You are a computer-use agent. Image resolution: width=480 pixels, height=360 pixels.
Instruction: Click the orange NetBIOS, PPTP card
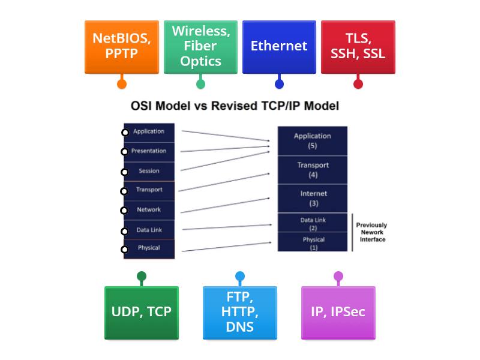[x=122, y=46]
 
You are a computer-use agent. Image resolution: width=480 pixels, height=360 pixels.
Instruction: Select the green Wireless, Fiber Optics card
[x=200, y=46]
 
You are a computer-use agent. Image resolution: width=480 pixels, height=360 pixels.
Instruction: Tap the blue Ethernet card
[x=279, y=46]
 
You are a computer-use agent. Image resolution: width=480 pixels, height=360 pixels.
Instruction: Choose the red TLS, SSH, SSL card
[x=358, y=46]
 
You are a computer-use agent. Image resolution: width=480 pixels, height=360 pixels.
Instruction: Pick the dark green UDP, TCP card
[x=142, y=312]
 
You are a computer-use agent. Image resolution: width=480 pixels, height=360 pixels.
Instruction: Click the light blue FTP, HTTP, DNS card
[x=240, y=312]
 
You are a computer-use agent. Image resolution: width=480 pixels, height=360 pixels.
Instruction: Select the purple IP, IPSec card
[x=338, y=312]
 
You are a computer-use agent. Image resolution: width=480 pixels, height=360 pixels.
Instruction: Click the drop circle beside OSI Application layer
[x=125, y=133]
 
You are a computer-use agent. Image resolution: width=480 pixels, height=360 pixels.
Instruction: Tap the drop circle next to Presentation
[x=124, y=152]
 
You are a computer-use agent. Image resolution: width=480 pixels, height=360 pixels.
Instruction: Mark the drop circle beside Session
[x=124, y=172]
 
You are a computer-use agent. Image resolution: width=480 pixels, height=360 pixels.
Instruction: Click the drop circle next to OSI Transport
[x=124, y=191]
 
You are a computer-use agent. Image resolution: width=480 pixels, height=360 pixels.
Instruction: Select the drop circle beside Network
[x=124, y=211]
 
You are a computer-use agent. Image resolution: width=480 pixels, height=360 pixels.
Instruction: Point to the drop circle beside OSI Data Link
[x=124, y=231]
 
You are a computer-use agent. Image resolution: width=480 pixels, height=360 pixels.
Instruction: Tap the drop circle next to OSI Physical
[x=124, y=249]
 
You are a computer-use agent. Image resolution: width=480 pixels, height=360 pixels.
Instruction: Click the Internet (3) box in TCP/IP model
[x=313, y=198]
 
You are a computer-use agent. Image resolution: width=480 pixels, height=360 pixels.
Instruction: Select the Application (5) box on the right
[x=313, y=140]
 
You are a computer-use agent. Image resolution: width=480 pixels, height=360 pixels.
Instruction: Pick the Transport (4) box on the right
[x=313, y=170]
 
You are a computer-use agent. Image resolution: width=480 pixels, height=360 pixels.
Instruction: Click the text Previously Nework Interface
[x=371, y=232]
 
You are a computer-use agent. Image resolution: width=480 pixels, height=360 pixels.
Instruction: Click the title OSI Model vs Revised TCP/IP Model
[x=235, y=106]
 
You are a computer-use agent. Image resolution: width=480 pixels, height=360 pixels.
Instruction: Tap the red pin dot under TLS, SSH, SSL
[x=358, y=84]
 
